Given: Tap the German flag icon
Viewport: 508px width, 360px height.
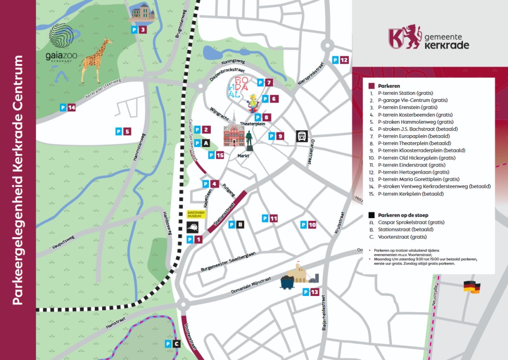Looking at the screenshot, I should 472,287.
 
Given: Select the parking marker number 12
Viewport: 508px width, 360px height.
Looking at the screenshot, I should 341,60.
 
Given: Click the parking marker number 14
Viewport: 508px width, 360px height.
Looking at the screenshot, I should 68,108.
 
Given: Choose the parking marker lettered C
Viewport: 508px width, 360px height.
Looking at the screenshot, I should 172,344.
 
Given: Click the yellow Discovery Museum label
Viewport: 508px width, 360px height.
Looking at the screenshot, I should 196,214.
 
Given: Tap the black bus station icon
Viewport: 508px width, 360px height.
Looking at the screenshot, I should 301,136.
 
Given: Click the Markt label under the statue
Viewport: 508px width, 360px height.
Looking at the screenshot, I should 243,155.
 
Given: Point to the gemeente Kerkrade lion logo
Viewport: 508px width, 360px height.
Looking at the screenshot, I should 404,37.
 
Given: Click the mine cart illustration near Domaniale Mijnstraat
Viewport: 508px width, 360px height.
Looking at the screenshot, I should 288,282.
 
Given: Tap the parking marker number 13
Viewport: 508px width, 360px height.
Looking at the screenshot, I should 311,292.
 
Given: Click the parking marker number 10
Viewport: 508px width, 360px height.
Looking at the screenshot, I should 308,225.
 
